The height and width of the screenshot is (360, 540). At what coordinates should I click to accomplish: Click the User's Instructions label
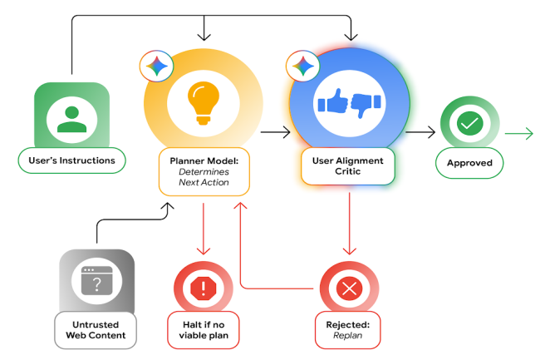(71, 160)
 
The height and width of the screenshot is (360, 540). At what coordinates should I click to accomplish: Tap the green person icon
(71, 118)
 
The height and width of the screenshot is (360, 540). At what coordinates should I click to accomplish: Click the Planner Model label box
(204, 172)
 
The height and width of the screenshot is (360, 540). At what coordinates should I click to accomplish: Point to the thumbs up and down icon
(349, 103)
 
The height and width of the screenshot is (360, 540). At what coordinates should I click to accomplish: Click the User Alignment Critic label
(349, 166)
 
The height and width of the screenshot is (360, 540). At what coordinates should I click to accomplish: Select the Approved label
(470, 163)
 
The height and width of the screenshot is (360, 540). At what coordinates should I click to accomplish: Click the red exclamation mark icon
(202, 289)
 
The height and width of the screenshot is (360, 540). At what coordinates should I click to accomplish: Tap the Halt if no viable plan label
(203, 330)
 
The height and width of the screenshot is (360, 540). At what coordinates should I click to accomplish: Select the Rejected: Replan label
(349, 330)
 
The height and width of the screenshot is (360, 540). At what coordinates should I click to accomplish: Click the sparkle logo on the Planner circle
(155, 65)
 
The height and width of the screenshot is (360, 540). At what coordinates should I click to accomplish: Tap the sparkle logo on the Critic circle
(302, 66)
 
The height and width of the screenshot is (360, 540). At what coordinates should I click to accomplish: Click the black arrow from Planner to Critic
(275, 131)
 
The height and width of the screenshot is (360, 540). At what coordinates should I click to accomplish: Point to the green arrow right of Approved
(518, 132)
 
